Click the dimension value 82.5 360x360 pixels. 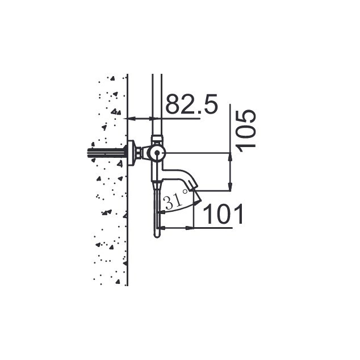[191, 104]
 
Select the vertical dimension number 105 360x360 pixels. [246, 131]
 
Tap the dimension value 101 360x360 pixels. [223, 214]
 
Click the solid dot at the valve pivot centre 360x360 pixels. [157, 152]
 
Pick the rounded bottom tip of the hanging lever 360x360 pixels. [157, 236]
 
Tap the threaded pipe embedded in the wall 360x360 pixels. [106, 153]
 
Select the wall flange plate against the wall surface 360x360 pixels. [131, 152]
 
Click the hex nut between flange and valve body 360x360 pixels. [138, 152]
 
